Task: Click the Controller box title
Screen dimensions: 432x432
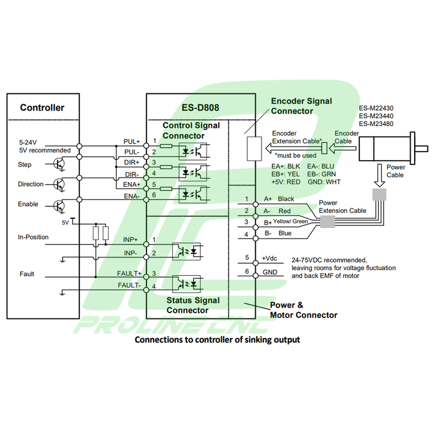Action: [x=42, y=108]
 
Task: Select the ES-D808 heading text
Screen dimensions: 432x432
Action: [x=200, y=108]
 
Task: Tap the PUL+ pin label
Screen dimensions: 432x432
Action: [x=132, y=142]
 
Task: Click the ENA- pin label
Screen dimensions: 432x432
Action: [x=132, y=196]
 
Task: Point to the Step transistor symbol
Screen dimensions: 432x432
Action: [x=59, y=164]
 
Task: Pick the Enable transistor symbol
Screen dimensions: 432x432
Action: [x=59, y=206]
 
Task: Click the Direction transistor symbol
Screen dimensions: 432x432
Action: [x=59, y=184]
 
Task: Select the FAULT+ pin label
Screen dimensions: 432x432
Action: [x=129, y=274]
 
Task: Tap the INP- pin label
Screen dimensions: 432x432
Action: [x=130, y=253]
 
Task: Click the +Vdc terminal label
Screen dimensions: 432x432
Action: [x=269, y=259]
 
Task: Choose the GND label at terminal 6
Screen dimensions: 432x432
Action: [x=270, y=272]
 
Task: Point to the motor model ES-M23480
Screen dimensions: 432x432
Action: [x=376, y=124]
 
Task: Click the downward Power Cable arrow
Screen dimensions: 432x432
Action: [x=380, y=176]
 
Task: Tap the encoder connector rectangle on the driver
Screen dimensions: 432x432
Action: [x=254, y=149]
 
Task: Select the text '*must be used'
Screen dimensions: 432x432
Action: [x=295, y=156]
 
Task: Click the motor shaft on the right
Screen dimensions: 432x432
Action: [x=422, y=149]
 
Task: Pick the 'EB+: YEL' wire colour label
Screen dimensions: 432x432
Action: [x=286, y=174]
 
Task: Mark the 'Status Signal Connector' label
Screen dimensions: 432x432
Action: [x=193, y=305]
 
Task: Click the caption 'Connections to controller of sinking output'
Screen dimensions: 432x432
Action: [x=217, y=340]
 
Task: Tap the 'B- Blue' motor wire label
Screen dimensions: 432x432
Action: [x=278, y=233]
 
